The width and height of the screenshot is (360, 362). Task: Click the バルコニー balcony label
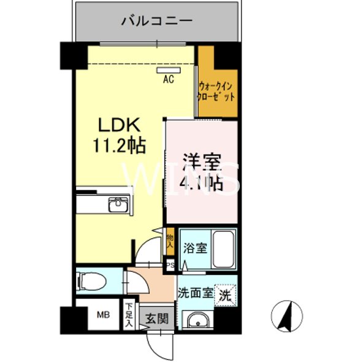coord(156,20)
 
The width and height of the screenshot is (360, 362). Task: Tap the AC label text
coord(168,79)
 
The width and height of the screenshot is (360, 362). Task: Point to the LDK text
coord(121,126)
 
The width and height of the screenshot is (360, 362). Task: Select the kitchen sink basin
coord(117,205)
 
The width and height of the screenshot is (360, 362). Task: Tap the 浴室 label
coord(195,248)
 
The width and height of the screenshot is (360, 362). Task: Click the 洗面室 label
coord(195,293)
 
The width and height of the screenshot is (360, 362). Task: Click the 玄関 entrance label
coord(156,318)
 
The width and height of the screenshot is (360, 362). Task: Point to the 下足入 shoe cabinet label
coord(129,315)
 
